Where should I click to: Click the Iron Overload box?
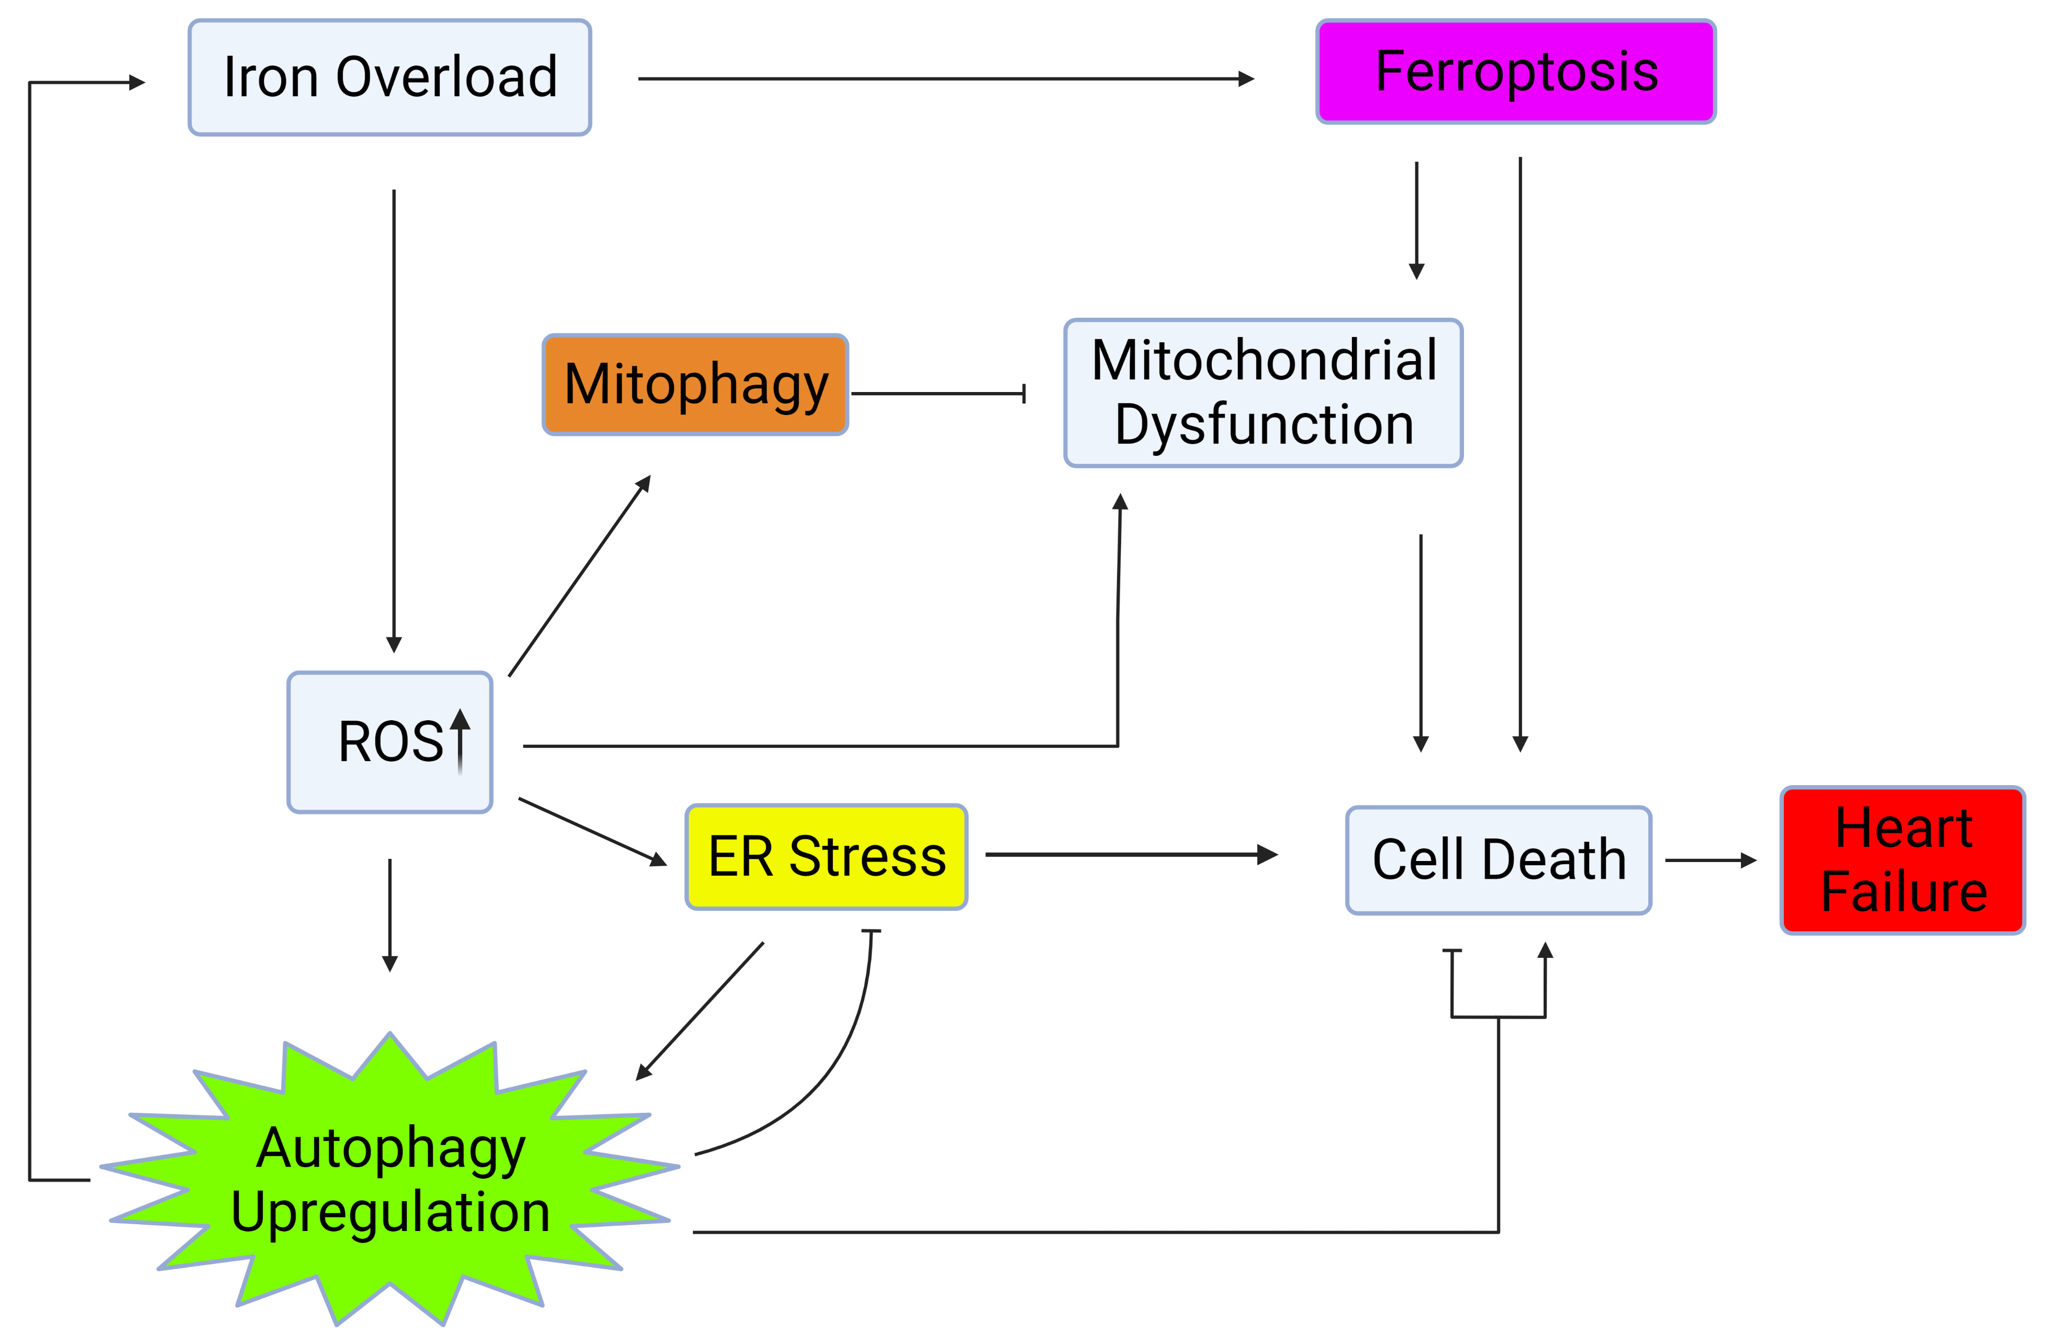(389, 77)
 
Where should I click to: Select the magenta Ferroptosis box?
(1515, 72)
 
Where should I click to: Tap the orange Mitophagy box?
(696, 384)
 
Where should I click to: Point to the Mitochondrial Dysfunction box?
(1263, 393)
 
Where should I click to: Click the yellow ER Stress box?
(826, 857)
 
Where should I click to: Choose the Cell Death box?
(1498, 860)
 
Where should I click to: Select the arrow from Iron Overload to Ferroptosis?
(945, 79)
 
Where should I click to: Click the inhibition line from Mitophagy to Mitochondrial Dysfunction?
(938, 394)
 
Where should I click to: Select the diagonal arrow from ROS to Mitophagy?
(579, 576)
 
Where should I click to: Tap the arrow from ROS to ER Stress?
(592, 831)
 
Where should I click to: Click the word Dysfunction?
(1264, 425)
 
